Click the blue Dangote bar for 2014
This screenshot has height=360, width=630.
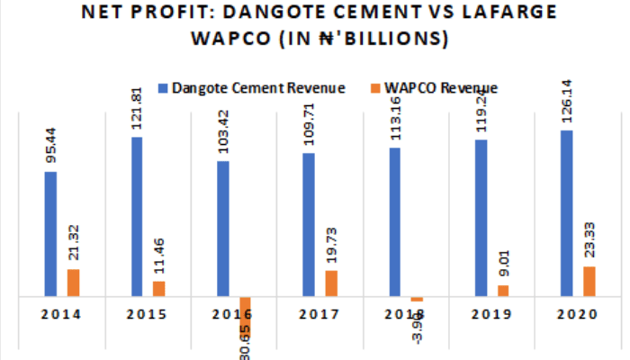coord(51,233)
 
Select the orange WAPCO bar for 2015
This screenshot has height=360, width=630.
coord(158,288)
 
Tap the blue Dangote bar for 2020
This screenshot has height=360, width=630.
coord(566,212)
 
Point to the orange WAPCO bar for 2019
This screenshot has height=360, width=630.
coord(503,290)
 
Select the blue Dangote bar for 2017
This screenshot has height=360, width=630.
coord(309,224)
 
